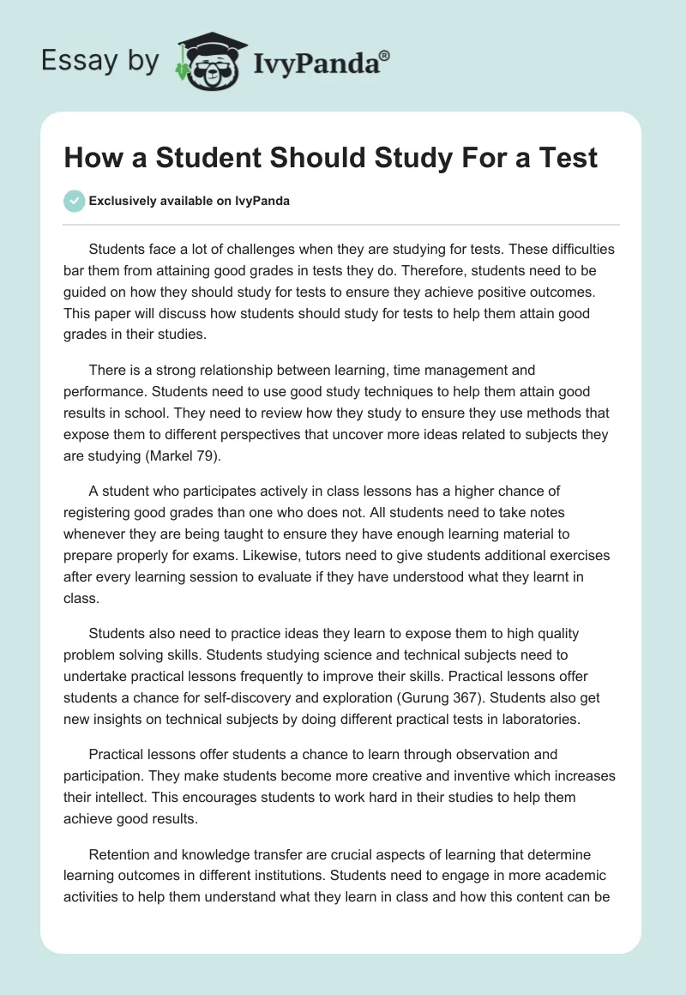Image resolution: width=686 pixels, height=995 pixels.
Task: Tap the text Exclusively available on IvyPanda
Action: click(x=190, y=201)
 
